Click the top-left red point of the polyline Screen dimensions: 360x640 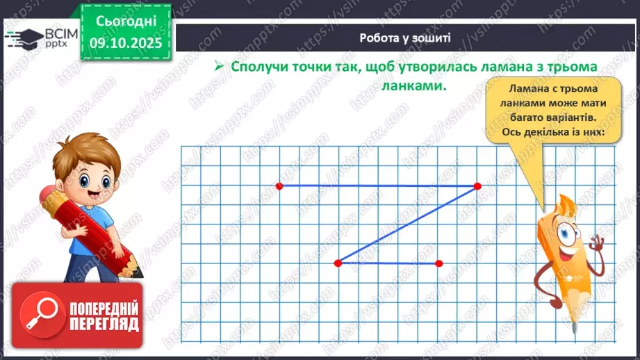[x=279, y=186]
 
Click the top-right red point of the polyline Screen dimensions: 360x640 [x=477, y=186]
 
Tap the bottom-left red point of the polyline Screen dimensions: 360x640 [x=338, y=263]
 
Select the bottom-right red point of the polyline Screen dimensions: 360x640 [x=438, y=263]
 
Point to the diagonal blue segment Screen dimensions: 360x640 [x=407, y=224]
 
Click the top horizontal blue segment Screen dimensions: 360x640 [x=378, y=186]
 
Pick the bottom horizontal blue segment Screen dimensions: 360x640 [x=388, y=263]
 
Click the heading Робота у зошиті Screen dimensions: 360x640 [x=405, y=38]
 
